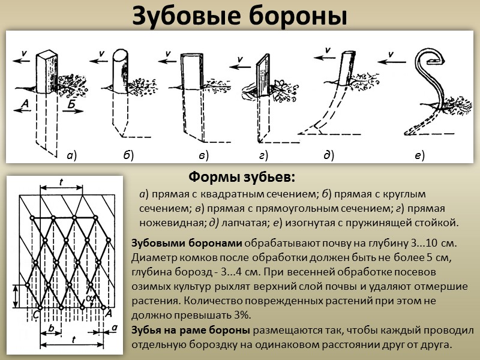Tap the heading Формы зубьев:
tap(242, 178)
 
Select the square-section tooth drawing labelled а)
tap(46, 72)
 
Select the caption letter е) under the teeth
tap(419, 156)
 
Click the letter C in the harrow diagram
tap(37, 313)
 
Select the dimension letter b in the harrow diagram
tap(53, 328)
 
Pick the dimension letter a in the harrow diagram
tap(114, 328)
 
